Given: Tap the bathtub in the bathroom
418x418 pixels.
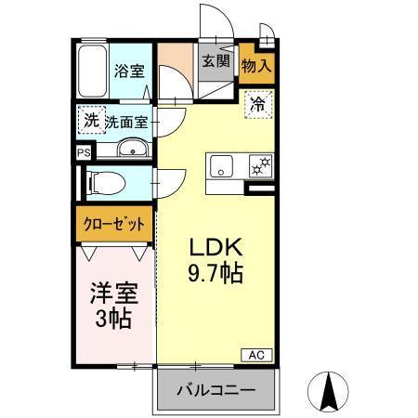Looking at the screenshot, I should (93, 72).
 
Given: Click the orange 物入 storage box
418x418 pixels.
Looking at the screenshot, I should (257, 66).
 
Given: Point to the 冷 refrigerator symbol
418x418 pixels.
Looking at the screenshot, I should (257, 104).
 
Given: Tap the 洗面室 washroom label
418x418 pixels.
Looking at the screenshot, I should (127, 122).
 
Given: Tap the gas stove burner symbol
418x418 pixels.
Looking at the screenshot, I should (261, 166).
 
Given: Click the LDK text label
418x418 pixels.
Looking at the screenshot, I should (216, 249).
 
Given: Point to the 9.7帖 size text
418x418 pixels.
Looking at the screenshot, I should (216, 274).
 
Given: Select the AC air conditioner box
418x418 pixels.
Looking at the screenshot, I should (256, 354).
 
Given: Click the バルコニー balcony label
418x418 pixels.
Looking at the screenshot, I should (216, 389).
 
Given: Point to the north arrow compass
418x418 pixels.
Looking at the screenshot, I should (328, 389).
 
